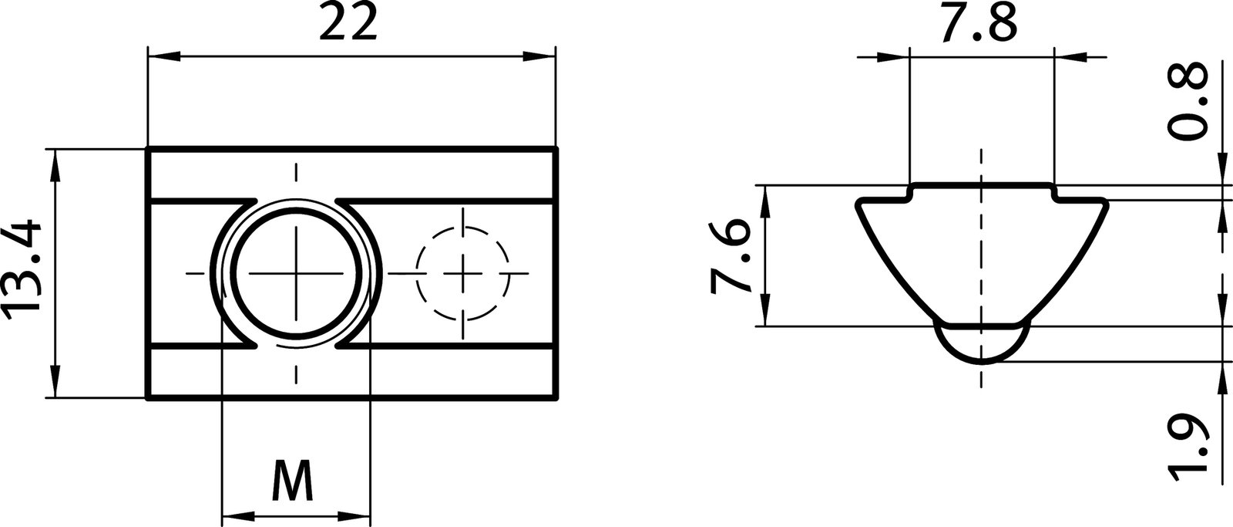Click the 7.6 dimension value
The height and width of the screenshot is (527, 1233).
[729, 256]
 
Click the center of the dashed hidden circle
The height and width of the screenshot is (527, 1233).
[463, 274]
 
